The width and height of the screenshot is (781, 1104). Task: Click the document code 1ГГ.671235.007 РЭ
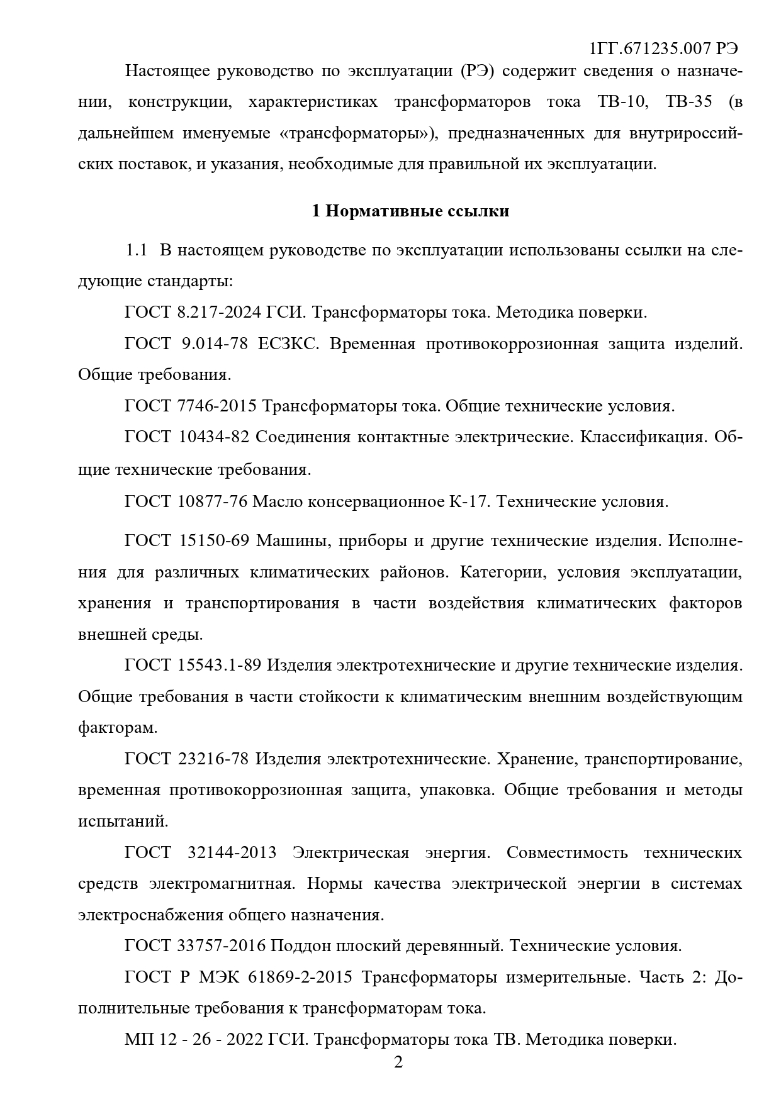click(664, 48)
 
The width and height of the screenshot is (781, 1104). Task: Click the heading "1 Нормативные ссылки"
click(410, 211)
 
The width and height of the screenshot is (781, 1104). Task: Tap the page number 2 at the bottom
click(398, 1062)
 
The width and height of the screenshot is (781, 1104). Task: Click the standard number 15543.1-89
click(220, 666)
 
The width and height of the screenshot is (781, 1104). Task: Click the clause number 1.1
click(137, 250)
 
